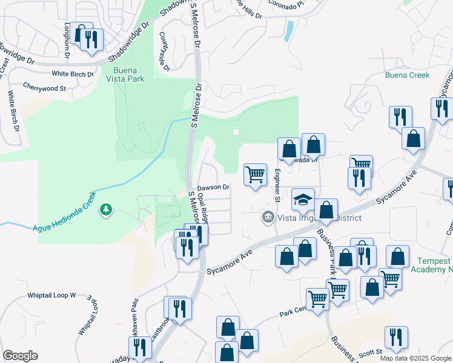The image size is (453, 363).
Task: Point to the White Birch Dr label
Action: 73,74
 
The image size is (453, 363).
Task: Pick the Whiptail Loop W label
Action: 51,295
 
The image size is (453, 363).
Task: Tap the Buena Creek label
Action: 407,75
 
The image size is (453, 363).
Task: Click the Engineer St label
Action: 277,185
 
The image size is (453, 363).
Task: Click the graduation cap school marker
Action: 303,200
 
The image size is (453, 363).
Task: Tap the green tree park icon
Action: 107,209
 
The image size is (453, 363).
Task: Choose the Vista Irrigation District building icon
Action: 267,216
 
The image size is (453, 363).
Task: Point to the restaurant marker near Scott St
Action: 396,337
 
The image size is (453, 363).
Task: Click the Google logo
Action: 20,356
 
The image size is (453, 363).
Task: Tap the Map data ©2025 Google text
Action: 415,358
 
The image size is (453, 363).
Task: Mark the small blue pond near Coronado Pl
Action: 289,29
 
